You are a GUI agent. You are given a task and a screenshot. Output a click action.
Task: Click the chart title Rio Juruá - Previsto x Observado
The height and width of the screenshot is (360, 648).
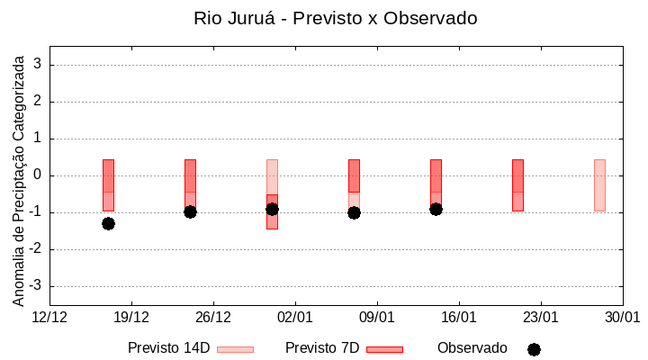pos(336,18)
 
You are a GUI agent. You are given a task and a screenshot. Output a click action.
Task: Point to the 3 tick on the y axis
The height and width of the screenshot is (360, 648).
pos(39,65)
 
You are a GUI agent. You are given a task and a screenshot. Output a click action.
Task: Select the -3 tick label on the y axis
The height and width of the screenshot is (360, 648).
pos(35,286)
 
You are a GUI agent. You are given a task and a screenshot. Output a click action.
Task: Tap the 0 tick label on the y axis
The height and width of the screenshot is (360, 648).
pos(39,175)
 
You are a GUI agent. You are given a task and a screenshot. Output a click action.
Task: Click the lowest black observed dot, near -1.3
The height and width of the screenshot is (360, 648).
pos(108,223)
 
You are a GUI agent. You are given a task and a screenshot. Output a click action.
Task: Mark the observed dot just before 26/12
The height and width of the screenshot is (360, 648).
pos(190,211)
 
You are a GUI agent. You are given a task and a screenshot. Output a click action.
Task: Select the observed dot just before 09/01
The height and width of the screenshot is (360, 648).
pos(354,212)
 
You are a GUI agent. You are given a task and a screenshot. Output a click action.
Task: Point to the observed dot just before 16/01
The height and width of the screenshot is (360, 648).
pos(436,209)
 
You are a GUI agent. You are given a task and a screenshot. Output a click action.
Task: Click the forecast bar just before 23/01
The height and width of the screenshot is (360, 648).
pos(517,184)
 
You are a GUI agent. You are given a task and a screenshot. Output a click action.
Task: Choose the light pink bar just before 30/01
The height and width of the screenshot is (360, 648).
pos(599,184)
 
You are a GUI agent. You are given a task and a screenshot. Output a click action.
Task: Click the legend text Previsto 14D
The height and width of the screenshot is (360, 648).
pos(168,348)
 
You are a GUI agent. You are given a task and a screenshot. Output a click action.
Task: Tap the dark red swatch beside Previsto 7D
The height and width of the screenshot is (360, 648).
pos(384,349)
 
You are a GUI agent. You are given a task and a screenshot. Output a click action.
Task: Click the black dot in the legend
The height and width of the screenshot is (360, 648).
pos(534,349)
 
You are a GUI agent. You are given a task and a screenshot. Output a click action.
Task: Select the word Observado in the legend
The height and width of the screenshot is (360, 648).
pos(472,348)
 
